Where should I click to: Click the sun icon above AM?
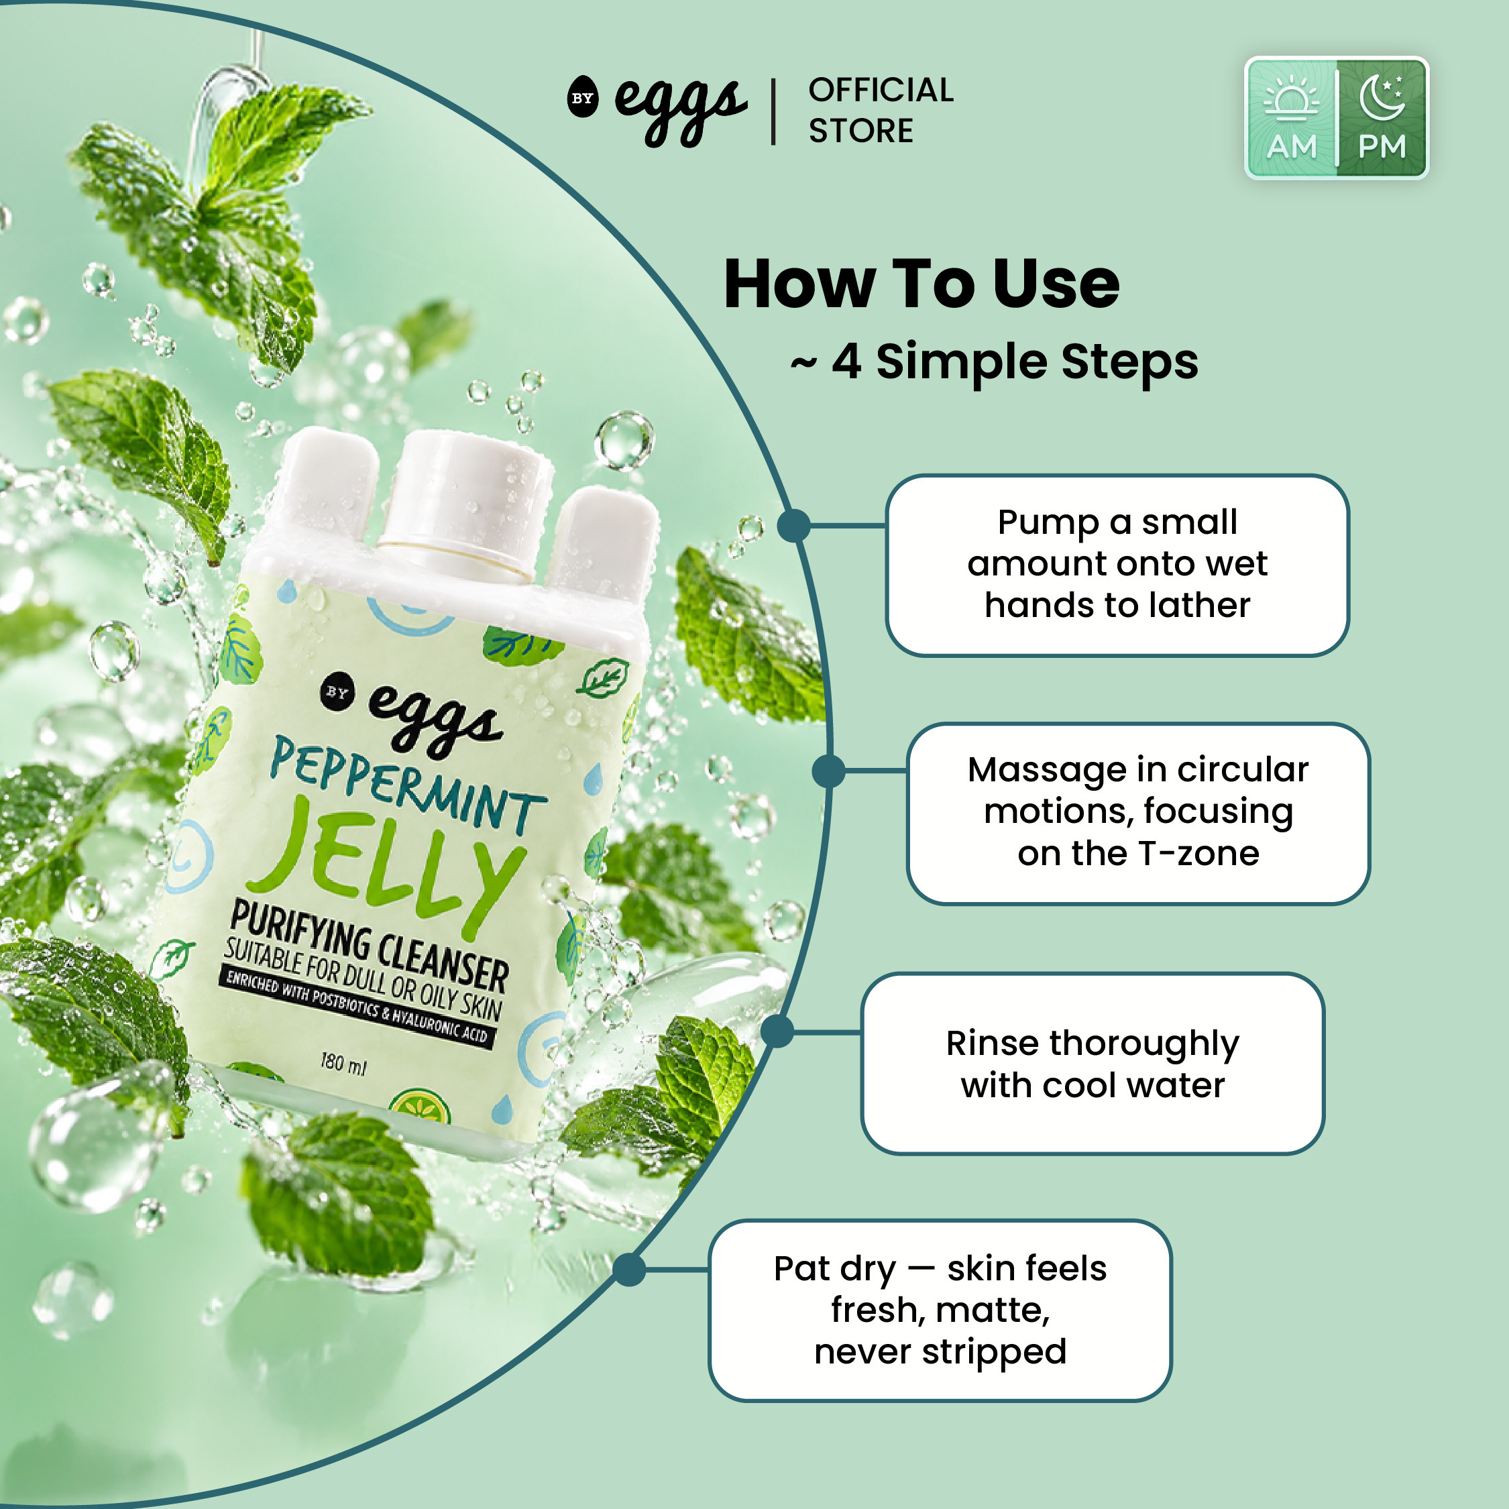pos(1291,98)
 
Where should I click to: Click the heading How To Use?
pos(921,283)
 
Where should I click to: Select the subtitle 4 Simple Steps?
pos(1015,361)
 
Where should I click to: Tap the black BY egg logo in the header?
pos(583,97)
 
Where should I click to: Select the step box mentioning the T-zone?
pos(1138,813)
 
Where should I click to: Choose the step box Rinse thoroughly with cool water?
pos(1093,1064)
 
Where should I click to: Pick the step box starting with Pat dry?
pos(940,1310)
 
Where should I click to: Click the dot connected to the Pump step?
pos(794,526)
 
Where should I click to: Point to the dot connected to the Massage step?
pos(829,771)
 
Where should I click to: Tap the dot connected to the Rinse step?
pos(777,1031)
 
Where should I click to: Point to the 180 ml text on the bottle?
pos(343,1063)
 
